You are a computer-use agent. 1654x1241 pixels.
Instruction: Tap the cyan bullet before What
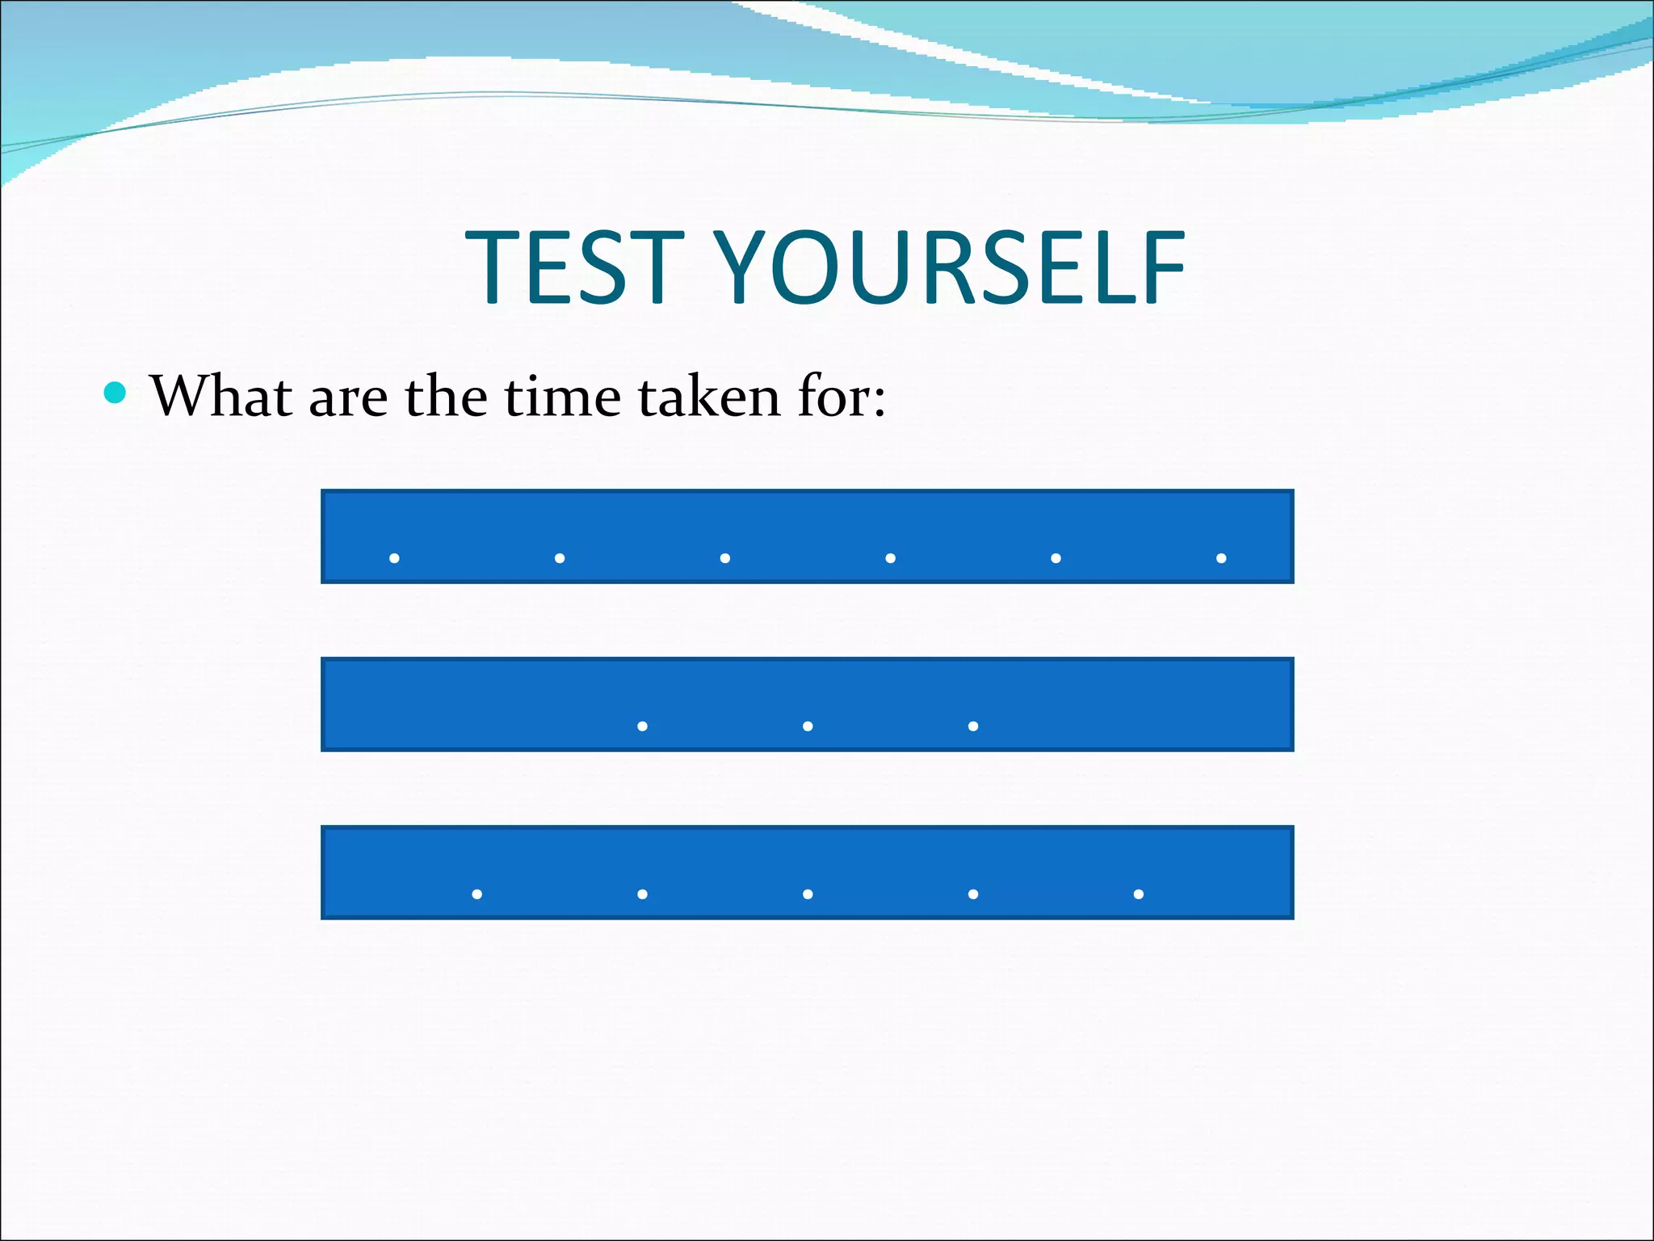(x=116, y=393)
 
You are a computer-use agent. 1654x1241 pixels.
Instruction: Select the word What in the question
(x=221, y=397)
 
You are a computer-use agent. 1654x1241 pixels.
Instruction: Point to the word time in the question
(x=562, y=397)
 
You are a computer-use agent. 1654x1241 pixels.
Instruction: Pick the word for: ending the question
(x=842, y=397)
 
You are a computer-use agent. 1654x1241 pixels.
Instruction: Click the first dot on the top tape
(x=394, y=558)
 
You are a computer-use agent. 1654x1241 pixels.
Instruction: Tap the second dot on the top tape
(x=560, y=558)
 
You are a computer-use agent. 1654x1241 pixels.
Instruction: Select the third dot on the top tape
(x=725, y=558)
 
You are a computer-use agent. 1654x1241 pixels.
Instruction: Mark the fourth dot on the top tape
(x=890, y=558)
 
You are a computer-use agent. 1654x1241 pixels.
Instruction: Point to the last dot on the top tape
(x=1221, y=558)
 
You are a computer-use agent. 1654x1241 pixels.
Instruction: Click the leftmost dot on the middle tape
(x=642, y=726)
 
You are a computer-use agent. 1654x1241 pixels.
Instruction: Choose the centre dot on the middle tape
(x=808, y=726)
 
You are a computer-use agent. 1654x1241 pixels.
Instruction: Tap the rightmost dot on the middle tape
(x=973, y=726)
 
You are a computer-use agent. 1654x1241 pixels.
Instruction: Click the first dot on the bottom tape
(x=477, y=894)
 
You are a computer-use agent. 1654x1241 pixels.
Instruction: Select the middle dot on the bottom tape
(x=808, y=894)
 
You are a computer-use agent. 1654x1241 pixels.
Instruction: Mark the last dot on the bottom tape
(x=1138, y=894)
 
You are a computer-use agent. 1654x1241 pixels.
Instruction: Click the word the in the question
(x=446, y=397)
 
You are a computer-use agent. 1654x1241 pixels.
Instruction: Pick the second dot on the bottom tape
(x=642, y=894)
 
